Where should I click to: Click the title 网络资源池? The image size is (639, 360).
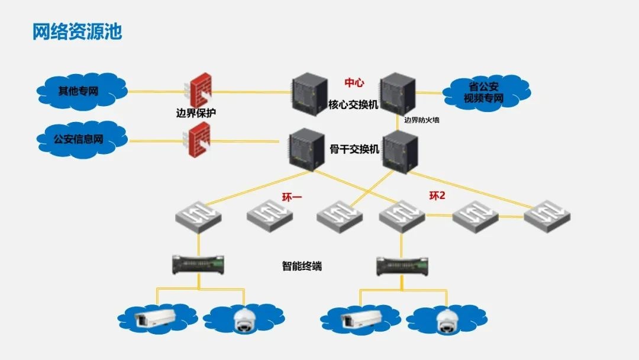coord(77,31)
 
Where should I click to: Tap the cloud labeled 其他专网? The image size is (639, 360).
coord(82,92)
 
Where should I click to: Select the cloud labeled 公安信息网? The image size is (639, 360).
coord(82,139)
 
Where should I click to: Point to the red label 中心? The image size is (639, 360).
coord(354,83)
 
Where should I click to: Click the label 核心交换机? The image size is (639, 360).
coord(353,105)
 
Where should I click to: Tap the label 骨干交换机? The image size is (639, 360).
coord(354,149)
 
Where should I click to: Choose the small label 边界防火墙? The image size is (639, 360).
coord(421,120)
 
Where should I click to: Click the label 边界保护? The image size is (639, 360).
coord(196,113)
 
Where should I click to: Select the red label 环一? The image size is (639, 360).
coord(292,198)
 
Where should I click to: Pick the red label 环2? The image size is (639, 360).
coord(437,196)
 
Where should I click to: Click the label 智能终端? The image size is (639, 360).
coord(302,266)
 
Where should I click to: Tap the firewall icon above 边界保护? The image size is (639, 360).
coord(199,91)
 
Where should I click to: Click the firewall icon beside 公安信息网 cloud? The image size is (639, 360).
coord(198,139)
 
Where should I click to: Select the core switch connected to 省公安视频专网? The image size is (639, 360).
coord(398,94)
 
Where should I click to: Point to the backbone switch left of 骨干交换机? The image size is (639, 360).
coord(307,150)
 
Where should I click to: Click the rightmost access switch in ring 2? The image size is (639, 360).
coord(547,217)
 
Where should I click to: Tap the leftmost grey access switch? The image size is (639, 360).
coord(198,217)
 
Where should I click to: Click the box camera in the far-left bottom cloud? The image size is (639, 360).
coord(155,317)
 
